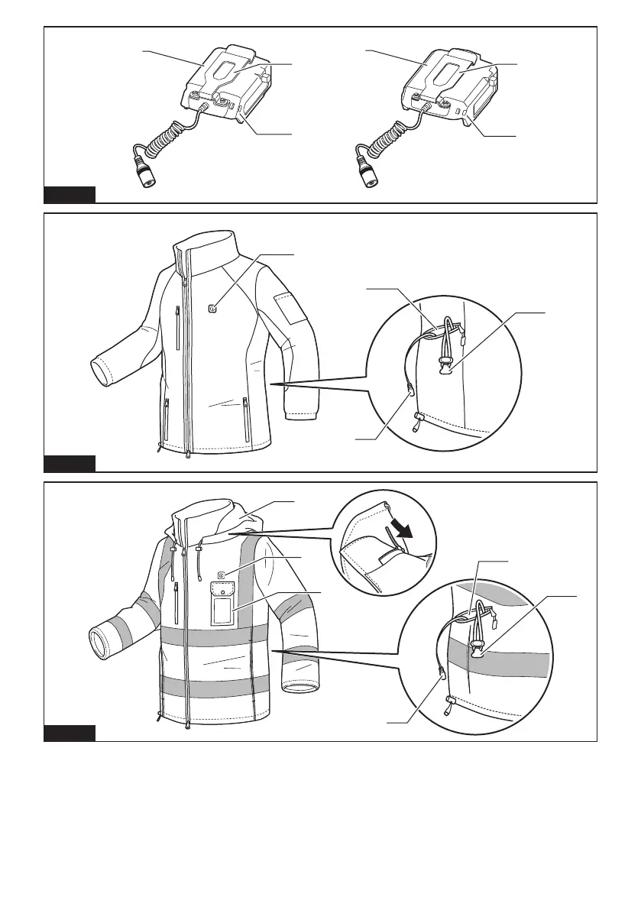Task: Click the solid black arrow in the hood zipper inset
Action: point(400,534)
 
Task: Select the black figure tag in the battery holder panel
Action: point(69,194)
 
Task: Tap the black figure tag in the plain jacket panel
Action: point(69,464)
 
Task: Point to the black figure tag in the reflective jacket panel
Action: point(69,734)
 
